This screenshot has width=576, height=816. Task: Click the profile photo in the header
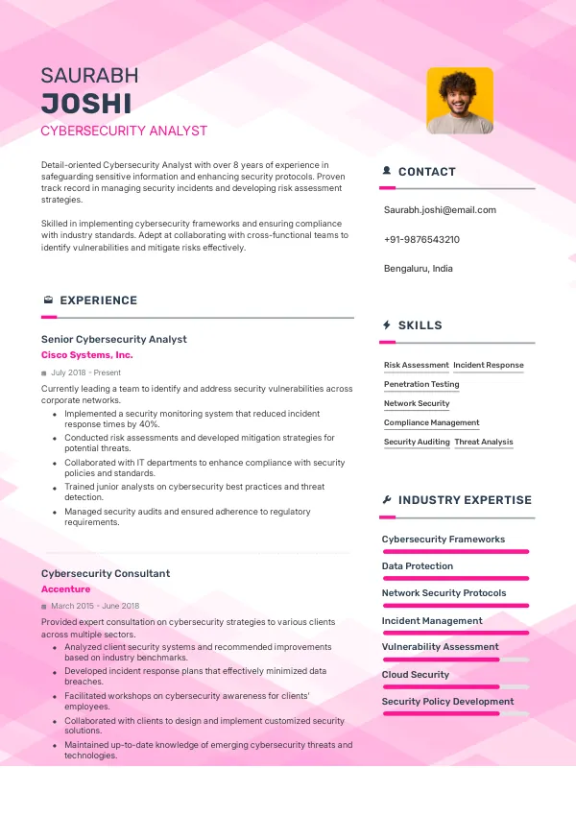(459, 100)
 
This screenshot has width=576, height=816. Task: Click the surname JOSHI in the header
(86, 104)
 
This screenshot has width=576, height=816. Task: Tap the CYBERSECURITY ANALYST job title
(124, 131)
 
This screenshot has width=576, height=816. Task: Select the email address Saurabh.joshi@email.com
(440, 209)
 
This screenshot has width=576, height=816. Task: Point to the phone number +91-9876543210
(421, 239)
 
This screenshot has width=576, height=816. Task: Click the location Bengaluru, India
(418, 268)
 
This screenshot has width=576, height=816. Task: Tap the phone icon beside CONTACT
(386, 172)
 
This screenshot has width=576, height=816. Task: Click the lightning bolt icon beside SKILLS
(386, 325)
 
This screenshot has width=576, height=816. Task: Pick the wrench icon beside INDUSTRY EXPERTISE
(386, 500)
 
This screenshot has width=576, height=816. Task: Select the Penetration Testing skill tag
(421, 384)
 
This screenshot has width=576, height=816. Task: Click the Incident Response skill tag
(489, 365)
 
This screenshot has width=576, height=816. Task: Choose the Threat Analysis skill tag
(484, 442)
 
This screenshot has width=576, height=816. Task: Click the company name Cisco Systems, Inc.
(87, 355)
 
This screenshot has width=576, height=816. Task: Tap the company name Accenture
(65, 589)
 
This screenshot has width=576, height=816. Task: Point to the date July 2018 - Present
(85, 372)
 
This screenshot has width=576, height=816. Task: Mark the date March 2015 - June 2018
(95, 606)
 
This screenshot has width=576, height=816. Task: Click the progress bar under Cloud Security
(455, 687)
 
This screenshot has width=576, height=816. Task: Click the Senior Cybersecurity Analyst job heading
(114, 339)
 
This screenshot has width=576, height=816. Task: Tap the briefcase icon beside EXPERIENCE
(47, 300)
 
